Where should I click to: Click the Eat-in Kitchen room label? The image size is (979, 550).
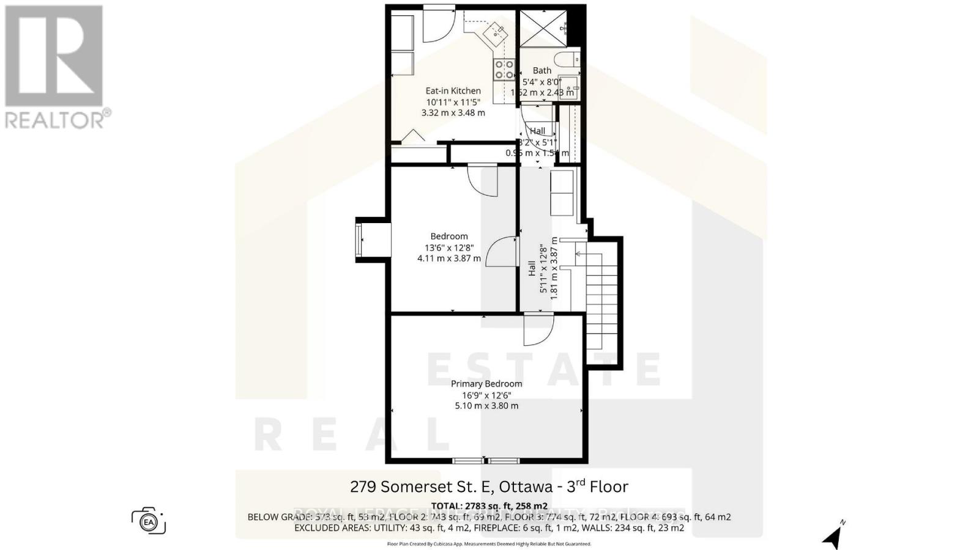(x=453, y=90)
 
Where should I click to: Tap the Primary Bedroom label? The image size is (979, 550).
(x=486, y=384)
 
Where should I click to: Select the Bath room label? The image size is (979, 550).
(x=542, y=71)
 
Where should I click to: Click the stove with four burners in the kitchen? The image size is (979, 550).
(x=505, y=69)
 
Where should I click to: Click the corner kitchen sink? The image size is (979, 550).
(x=494, y=32)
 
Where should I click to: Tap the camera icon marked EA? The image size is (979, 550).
(x=148, y=522)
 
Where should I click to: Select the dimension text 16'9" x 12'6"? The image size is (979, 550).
(x=486, y=395)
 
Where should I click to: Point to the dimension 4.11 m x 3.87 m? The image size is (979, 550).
(x=449, y=258)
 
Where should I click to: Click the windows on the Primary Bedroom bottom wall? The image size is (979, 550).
(x=486, y=461)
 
